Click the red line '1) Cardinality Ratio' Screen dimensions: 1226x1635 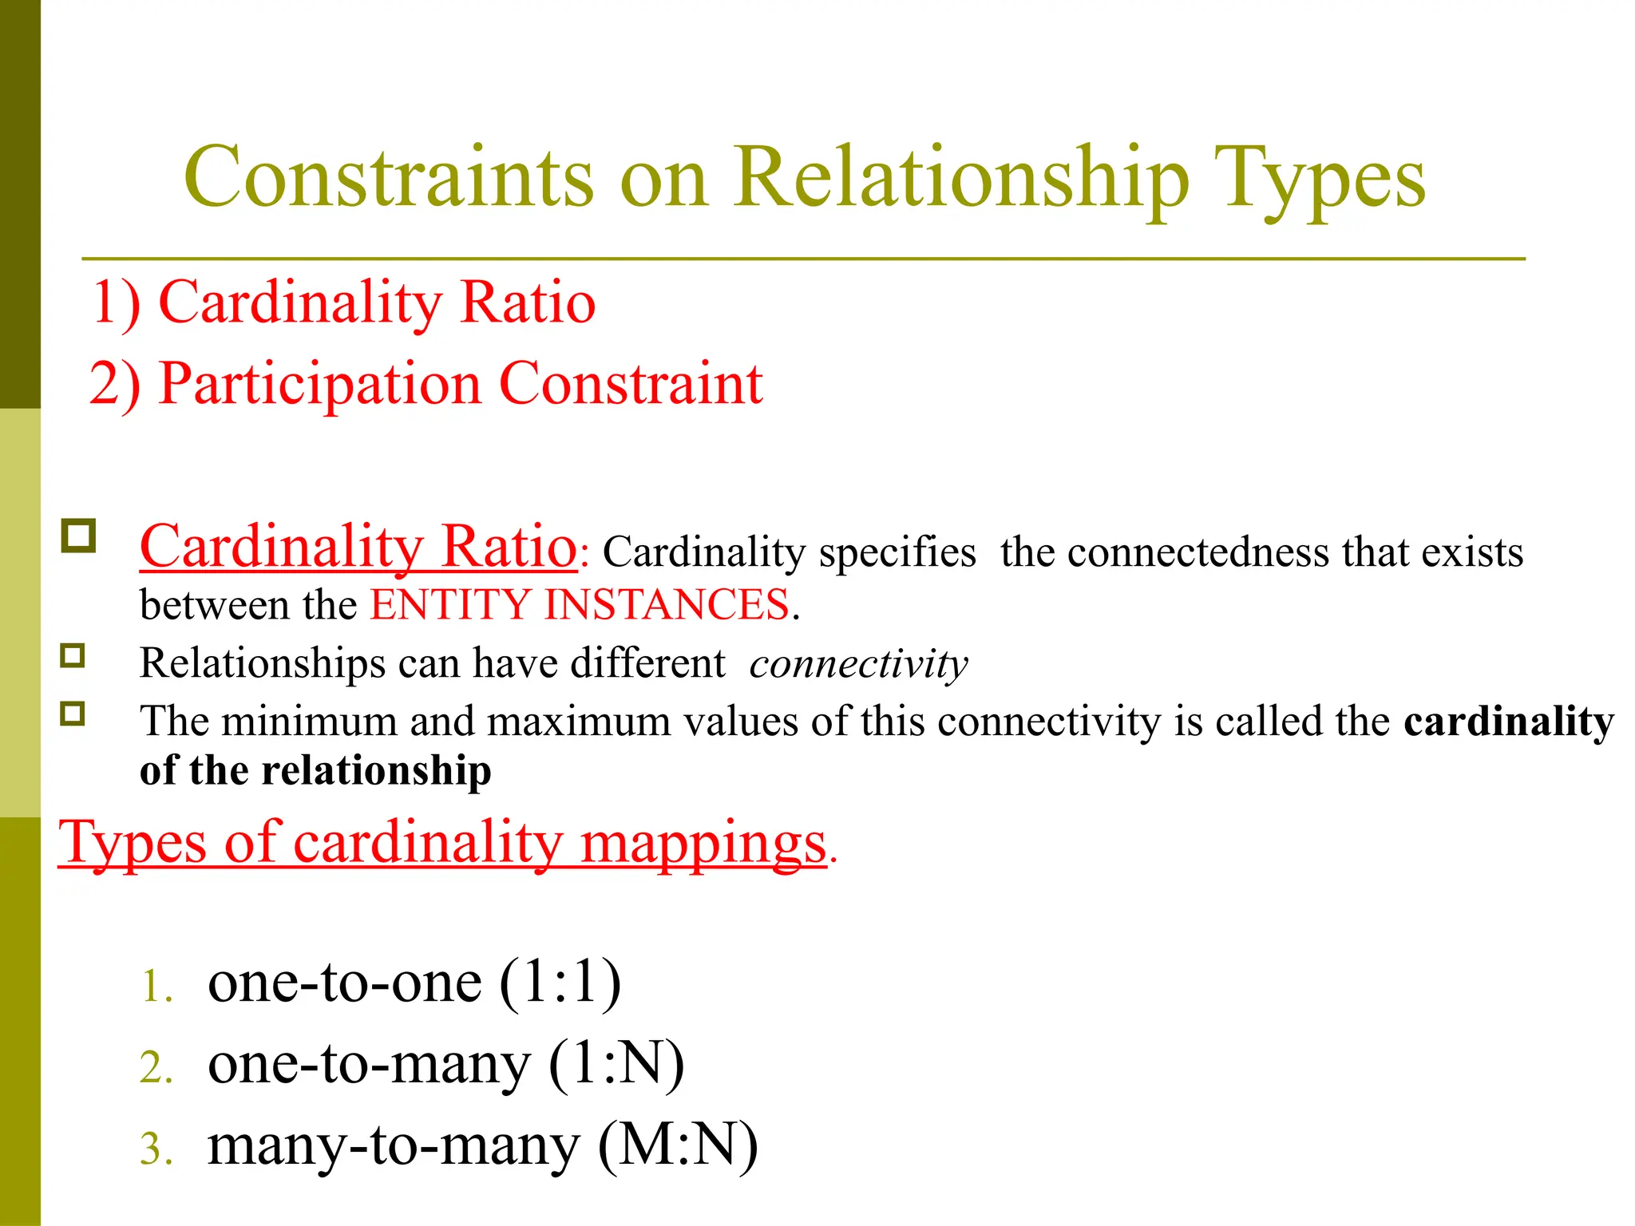(x=344, y=303)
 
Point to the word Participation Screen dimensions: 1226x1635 (x=319, y=385)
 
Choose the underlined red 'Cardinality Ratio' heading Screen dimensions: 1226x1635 (x=358, y=547)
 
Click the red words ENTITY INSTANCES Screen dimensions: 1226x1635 (x=580, y=604)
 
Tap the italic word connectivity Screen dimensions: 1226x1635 (x=858, y=663)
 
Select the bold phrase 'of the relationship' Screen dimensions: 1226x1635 (x=315, y=771)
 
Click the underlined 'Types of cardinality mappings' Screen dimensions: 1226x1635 (x=442, y=843)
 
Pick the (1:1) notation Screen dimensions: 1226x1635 (x=560, y=982)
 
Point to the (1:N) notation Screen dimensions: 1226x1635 (x=616, y=1064)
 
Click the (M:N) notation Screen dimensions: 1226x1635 (x=678, y=1146)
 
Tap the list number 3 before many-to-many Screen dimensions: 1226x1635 (x=155, y=1149)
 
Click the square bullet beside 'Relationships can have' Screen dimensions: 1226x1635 (x=73, y=656)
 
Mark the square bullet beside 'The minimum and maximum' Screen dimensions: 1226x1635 (x=73, y=713)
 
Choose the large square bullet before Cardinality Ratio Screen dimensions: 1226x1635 (x=78, y=536)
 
